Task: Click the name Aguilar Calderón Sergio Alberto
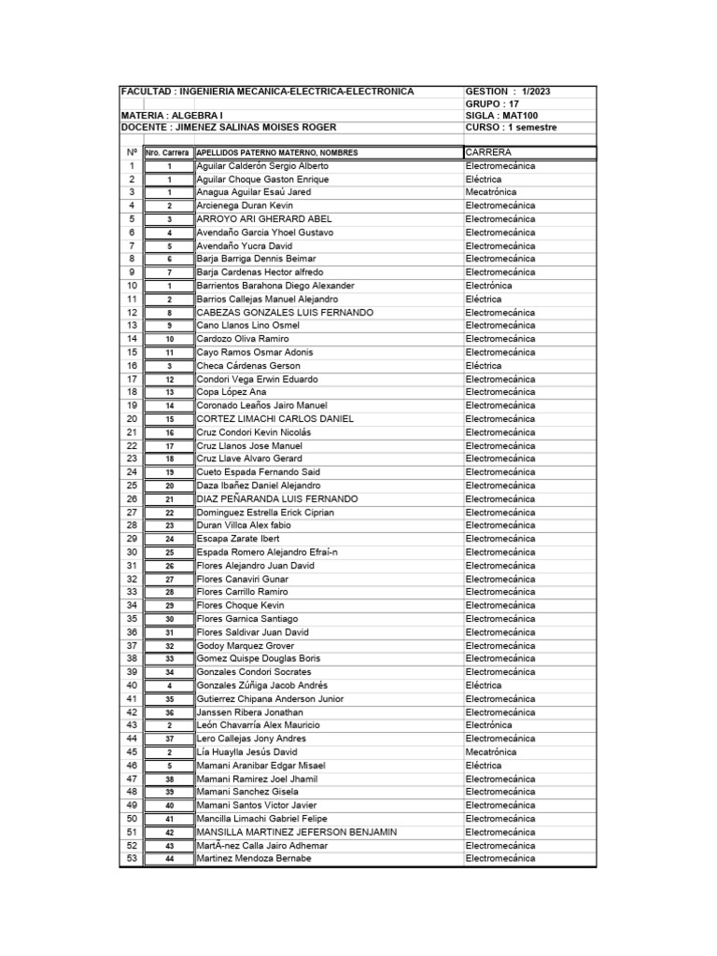pyautogui.click(x=262, y=165)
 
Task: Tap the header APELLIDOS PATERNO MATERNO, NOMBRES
pyautogui.click(x=277, y=152)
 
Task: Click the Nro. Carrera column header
pyautogui.click(x=168, y=152)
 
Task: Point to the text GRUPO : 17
pyautogui.click(x=492, y=104)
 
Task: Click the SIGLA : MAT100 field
pyautogui.click(x=501, y=116)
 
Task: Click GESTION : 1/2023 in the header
pyautogui.click(x=508, y=91)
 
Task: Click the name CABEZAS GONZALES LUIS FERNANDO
pyautogui.click(x=285, y=312)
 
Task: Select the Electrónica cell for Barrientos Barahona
pyautogui.click(x=488, y=285)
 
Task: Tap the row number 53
pyautogui.click(x=132, y=858)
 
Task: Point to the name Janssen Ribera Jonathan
pyautogui.click(x=250, y=711)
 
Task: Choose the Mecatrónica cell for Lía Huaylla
pyautogui.click(x=491, y=752)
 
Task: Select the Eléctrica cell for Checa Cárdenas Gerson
pyautogui.click(x=484, y=365)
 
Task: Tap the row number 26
pyautogui.click(x=132, y=499)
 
